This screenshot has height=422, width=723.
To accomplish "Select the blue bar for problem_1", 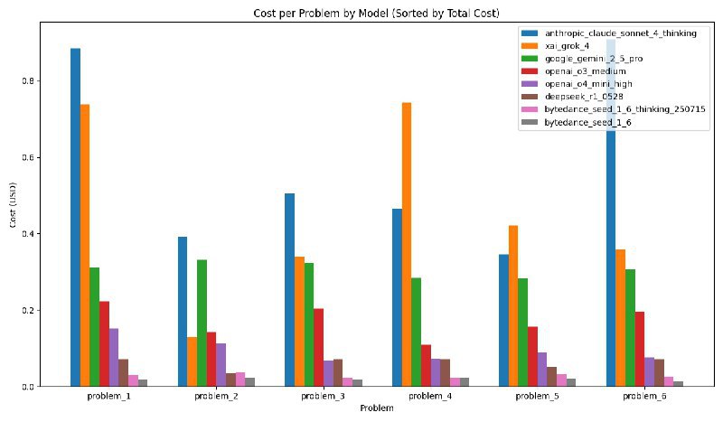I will point(75,217).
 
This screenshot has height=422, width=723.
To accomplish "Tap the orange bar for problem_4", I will point(406,244).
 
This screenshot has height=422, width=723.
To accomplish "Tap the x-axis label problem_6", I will point(640,397).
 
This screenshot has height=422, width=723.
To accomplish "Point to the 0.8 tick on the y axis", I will point(33,80).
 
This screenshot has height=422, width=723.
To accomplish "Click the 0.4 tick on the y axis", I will point(33,234).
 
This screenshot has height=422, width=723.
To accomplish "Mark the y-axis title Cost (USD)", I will point(13,216).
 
